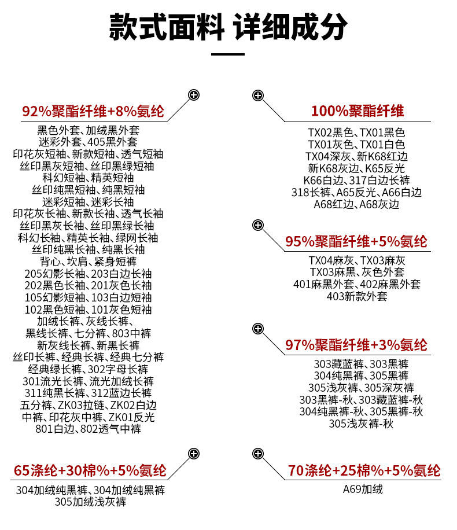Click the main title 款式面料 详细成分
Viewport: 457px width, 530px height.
pyautogui.click(x=228, y=27)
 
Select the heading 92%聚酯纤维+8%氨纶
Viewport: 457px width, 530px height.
pyautogui.click(x=93, y=112)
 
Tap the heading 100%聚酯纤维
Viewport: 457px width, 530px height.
pyautogui.click(x=357, y=111)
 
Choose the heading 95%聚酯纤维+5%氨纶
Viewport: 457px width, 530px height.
pyautogui.click(x=356, y=241)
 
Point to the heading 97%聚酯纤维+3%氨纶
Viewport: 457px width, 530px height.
pyautogui.click(x=356, y=345)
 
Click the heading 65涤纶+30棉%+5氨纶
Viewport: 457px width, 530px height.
pyautogui.click(x=90, y=470)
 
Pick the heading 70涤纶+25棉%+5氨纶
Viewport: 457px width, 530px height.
pyautogui.click(x=364, y=470)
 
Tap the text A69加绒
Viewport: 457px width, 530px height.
pyautogui.click(x=363, y=489)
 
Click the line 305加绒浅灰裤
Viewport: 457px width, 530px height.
pyautogui.click(x=90, y=502)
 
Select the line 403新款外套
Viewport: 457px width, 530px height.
pyautogui.click(x=356, y=296)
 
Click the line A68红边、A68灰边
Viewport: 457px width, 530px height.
pyautogui.click(x=356, y=204)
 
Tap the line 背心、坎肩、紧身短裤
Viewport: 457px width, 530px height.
pyautogui.click(x=89, y=262)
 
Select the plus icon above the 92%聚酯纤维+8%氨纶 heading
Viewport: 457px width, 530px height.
pyautogui.click(x=194, y=95)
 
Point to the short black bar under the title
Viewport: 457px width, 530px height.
pyautogui.click(x=228, y=54)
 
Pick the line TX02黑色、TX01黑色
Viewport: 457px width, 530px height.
pyautogui.click(x=356, y=132)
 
